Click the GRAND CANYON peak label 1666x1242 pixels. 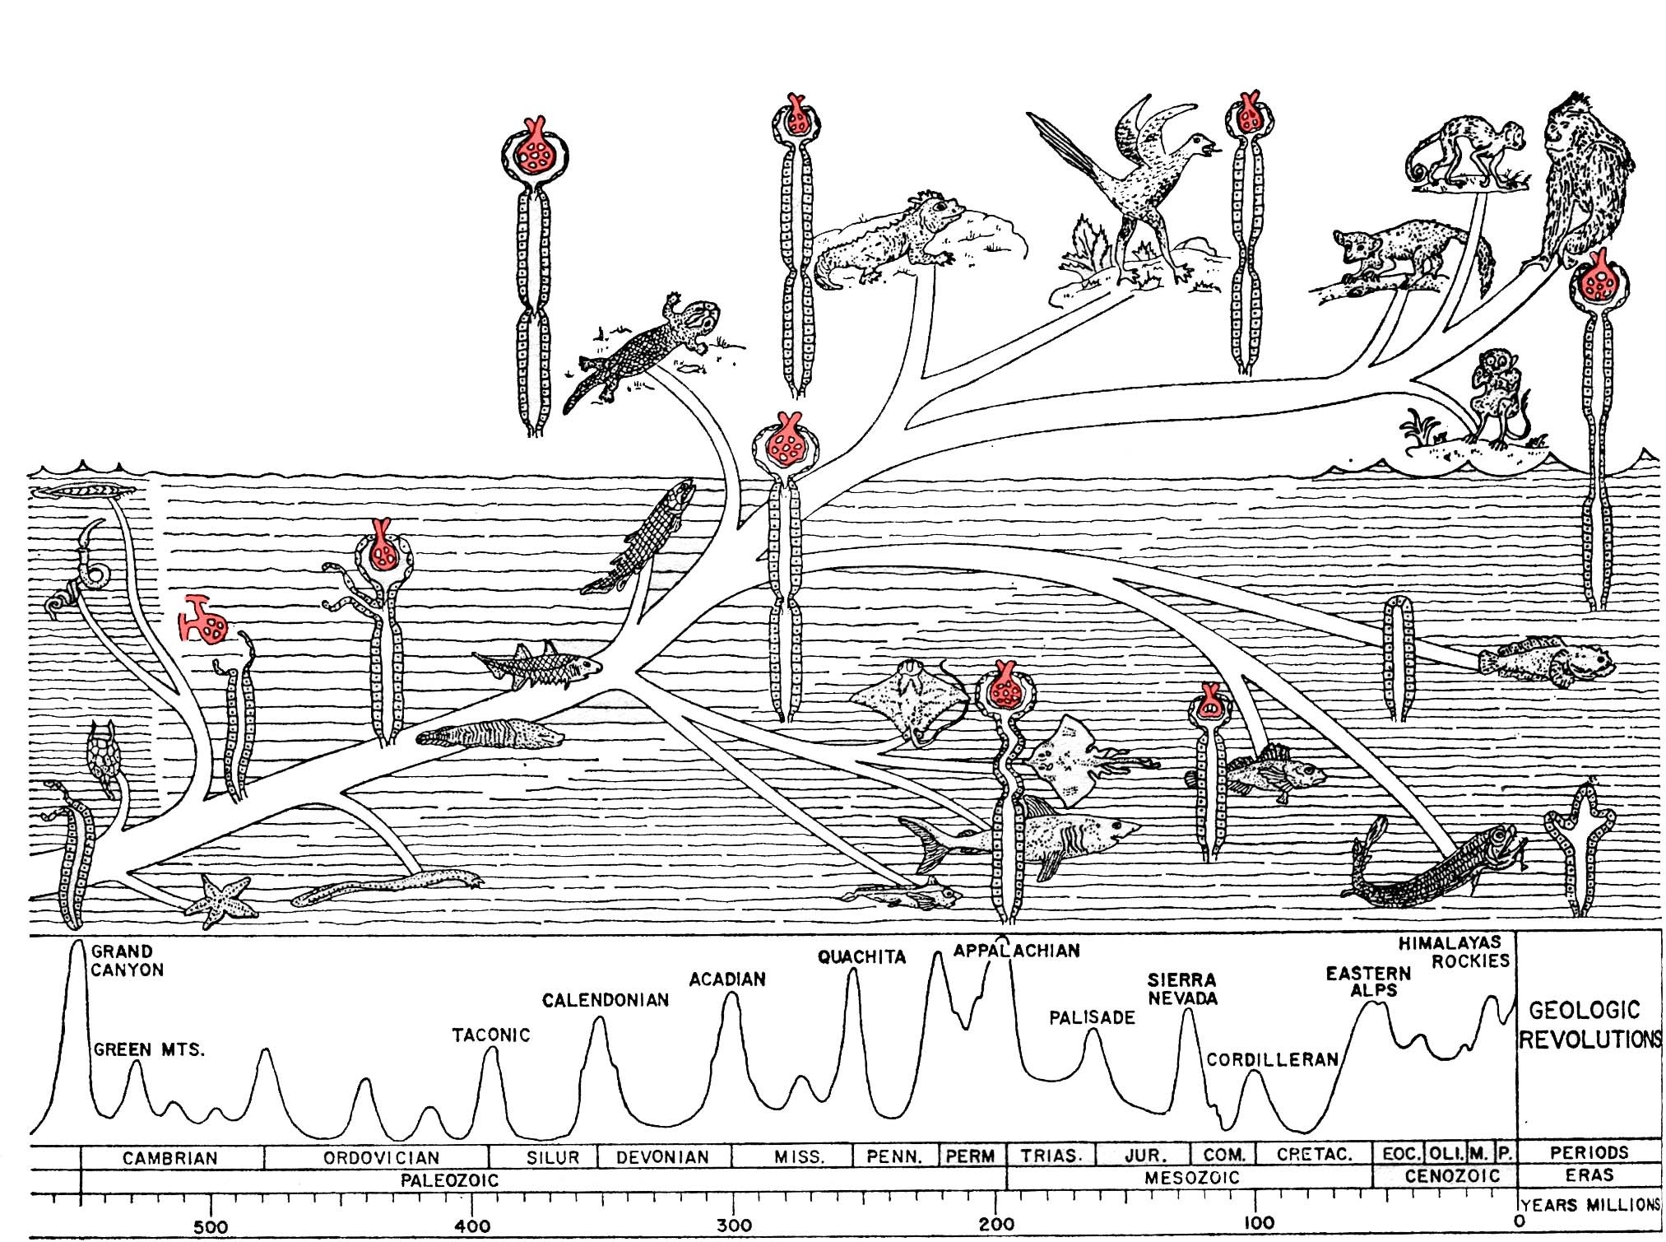click(128, 961)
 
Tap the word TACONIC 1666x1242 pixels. click(491, 1035)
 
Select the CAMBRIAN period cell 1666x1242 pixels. click(170, 1158)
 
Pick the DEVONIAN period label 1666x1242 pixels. click(662, 1157)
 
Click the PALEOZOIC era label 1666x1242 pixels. click(449, 1180)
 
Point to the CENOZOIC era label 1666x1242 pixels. click(1452, 1176)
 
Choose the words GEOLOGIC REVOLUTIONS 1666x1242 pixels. click(1588, 1025)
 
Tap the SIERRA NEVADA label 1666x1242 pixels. click(1182, 988)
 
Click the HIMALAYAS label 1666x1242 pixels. click(1450, 942)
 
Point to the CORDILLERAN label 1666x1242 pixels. click(1272, 1059)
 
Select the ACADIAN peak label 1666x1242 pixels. click(727, 979)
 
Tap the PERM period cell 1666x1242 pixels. click(970, 1156)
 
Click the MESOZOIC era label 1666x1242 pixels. click(1191, 1178)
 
